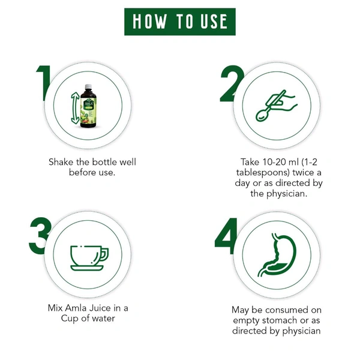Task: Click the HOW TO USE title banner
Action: pos(180,22)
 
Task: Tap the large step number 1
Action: pos(43,83)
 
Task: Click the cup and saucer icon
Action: pos(89,256)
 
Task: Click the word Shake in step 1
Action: pos(62,162)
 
